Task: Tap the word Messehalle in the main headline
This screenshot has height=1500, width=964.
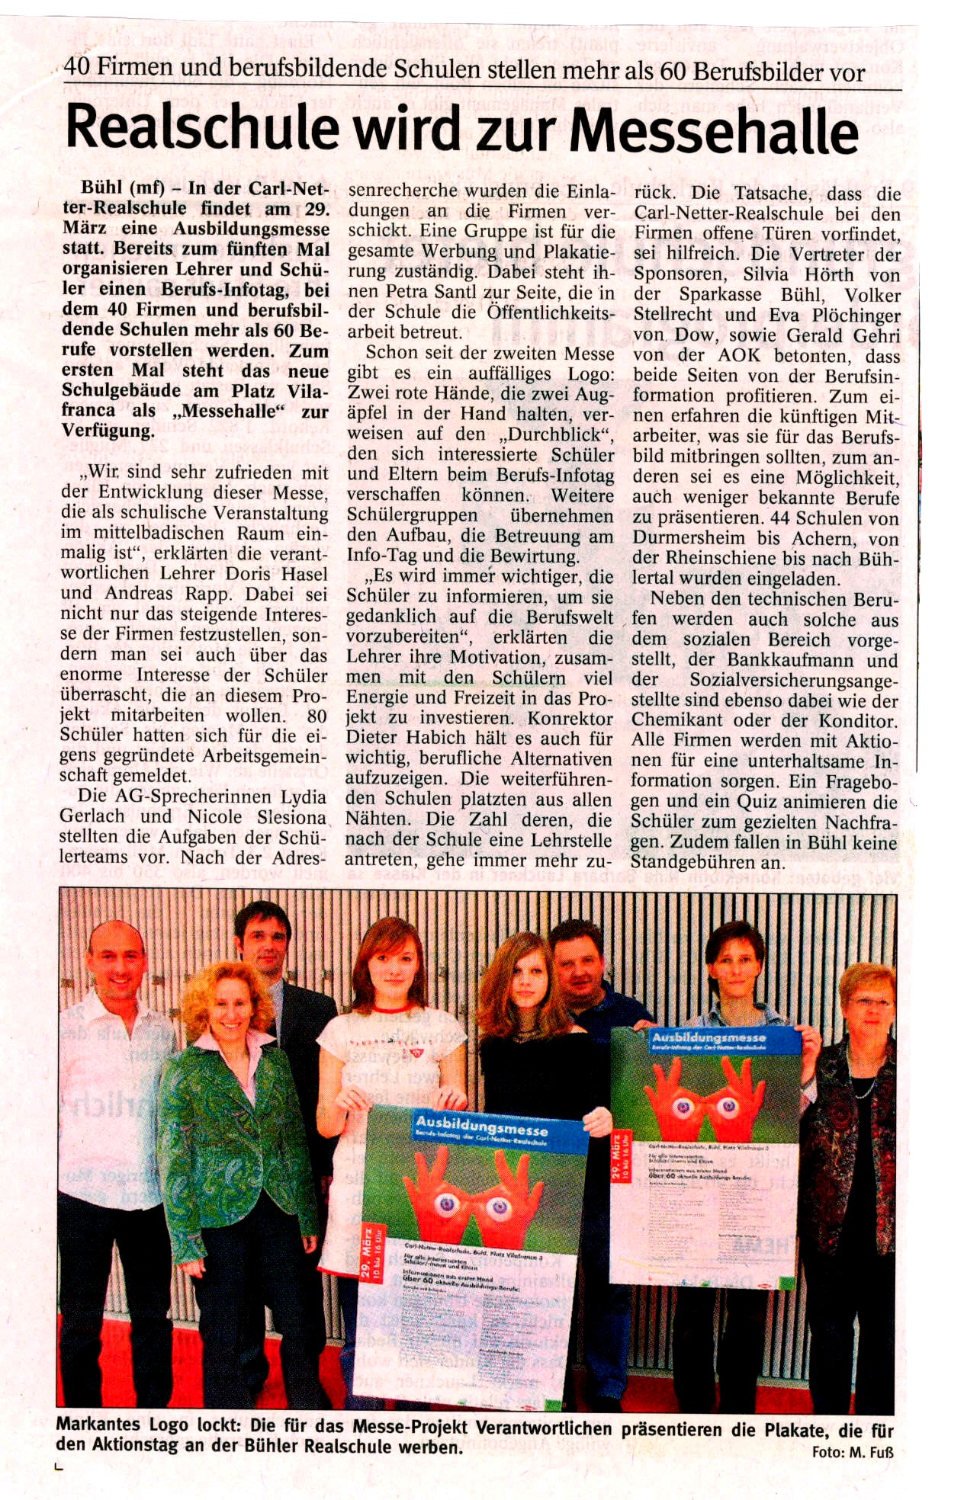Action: click(x=715, y=131)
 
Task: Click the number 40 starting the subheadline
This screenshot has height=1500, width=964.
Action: click(x=77, y=67)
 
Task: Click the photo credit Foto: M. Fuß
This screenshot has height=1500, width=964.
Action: click(x=852, y=1452)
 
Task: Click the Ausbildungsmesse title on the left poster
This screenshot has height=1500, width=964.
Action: click(x=481, y=1124)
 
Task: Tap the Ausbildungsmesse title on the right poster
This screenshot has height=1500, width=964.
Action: click(x=709, y=1037)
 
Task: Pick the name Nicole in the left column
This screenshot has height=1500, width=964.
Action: click(x=217, y=817)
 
